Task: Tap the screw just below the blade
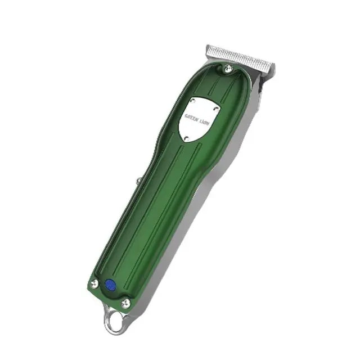pos(228,69)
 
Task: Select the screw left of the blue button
pos(94,283)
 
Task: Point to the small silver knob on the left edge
pos(139,181)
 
